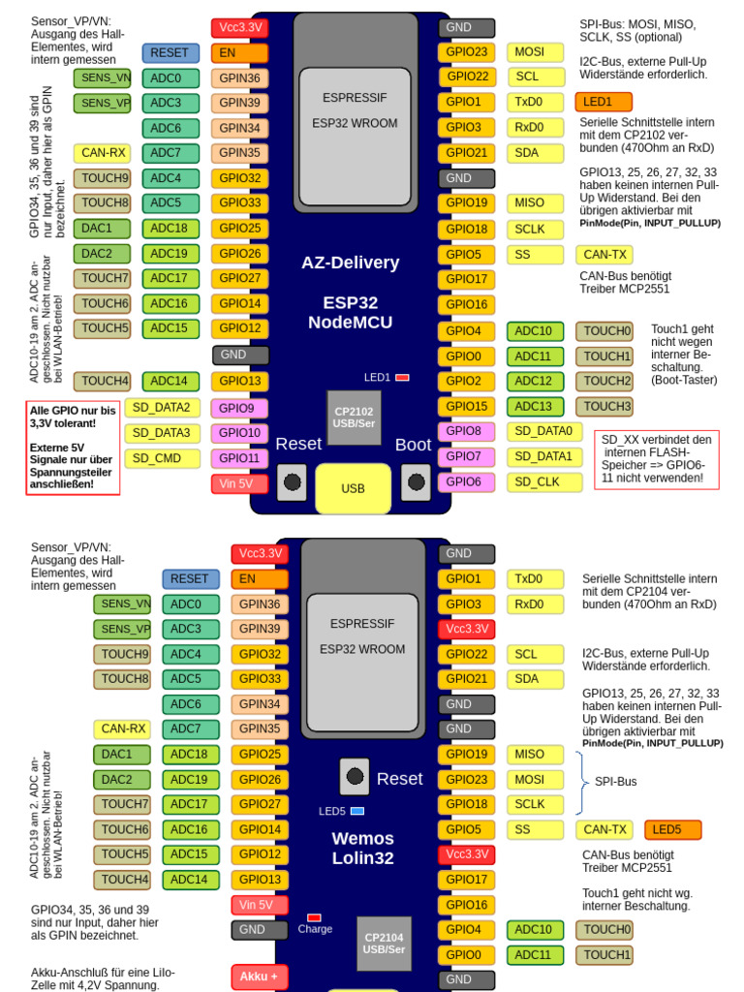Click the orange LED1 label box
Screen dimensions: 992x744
pyautogui.click(x=603, y=102)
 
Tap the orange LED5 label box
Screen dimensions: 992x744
pyautogui.click(x=672, y=829)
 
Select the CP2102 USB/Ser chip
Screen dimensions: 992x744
pyautogui.click(x=354, y=418)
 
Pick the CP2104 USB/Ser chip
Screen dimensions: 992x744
pyautogui.click(x=384, y=944)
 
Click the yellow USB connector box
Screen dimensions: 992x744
pyautogui.click(x=353, y=488)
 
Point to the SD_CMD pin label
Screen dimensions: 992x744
pyautogui.click(x=162, y=458)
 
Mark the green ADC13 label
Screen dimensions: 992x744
pyautogui.click(x=535, y=407)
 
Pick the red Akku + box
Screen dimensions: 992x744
pyautogui.click(x=260, y=976)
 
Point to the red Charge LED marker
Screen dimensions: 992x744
pyautogui.click(x=314, y=917)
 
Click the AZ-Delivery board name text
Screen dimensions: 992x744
pyautogui.click(x=350, y=263)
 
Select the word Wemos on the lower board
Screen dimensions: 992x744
pyautogui.click(x=362, y=838)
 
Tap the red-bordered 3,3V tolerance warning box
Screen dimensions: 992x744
pyautogui.click(x=74, y=448)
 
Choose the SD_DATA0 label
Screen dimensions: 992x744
pyautogui.click(x=542, y=431)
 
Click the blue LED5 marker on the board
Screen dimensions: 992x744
pyautogui.click(x=357, y=811)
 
